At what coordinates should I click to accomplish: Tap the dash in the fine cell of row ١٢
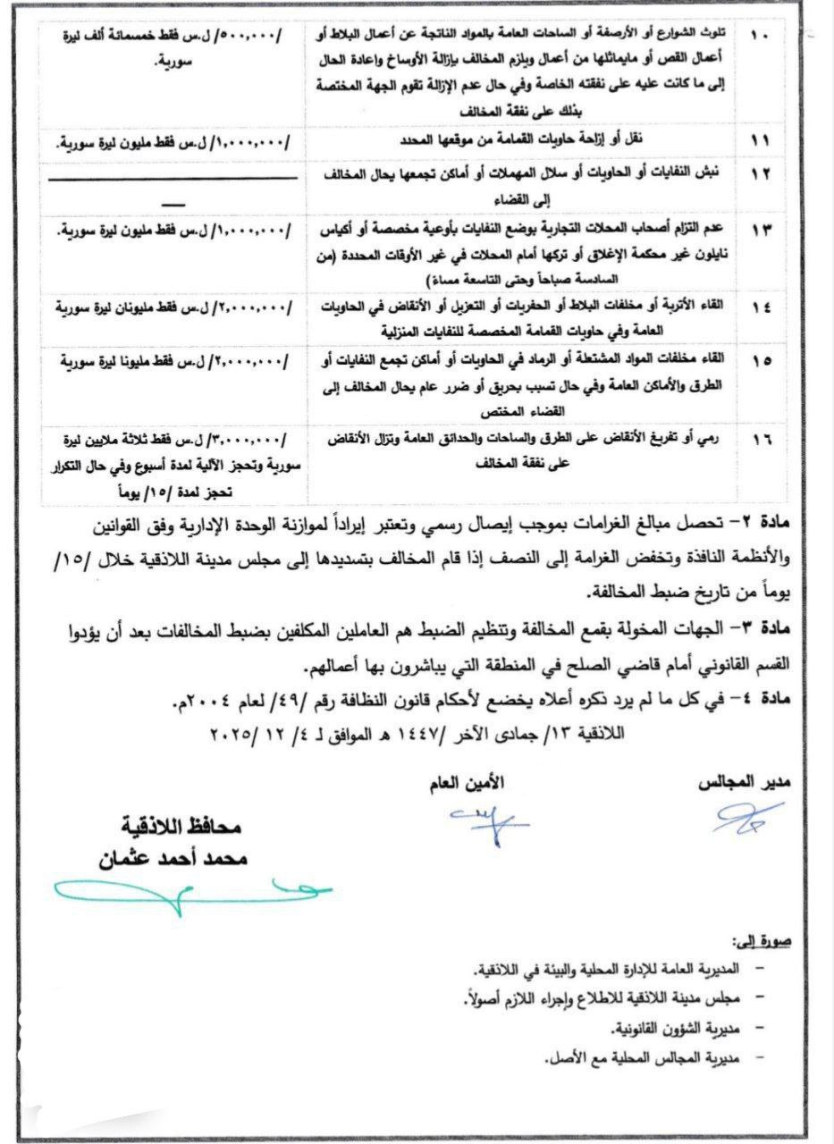pyautogui.click(x=173, y=205)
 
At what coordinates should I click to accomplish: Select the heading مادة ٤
pyautogui.click(x=788, y=702)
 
